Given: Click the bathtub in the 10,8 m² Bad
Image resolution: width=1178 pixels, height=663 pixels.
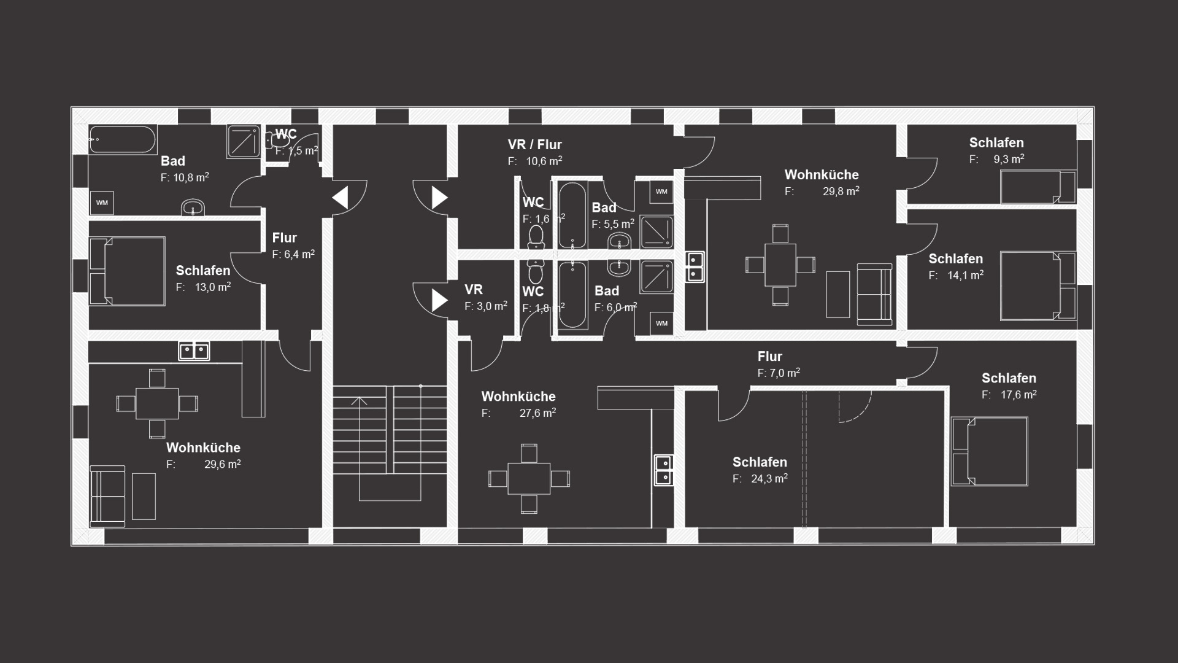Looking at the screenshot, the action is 123,139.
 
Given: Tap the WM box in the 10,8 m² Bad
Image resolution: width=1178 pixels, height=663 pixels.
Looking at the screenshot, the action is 102,203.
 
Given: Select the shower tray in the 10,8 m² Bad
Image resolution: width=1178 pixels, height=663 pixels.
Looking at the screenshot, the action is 244,141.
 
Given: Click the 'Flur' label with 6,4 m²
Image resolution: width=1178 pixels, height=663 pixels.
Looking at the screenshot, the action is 284,238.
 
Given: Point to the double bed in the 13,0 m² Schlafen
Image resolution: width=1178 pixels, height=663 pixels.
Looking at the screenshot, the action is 127,271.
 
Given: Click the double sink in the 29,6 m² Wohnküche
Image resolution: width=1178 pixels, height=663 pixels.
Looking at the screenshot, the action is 194,351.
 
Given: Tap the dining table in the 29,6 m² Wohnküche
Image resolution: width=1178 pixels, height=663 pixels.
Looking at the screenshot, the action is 157,403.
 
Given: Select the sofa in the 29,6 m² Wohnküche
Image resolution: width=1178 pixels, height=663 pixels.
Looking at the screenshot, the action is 107,496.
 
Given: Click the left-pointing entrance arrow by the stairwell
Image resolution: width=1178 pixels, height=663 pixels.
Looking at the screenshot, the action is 340,198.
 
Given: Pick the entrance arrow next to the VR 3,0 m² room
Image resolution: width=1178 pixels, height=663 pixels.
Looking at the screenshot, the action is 440,300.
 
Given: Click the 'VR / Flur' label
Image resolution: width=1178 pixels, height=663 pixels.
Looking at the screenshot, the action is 534,145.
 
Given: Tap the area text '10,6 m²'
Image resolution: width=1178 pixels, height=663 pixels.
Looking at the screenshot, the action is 544,161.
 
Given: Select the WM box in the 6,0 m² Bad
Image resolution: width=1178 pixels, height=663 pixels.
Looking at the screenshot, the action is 661,324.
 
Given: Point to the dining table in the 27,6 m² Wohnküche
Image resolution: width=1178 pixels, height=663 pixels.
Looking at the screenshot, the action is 529,478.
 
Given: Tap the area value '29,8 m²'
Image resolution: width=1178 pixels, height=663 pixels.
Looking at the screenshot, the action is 841,191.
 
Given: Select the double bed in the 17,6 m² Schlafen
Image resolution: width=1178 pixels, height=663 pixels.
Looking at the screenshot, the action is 990,451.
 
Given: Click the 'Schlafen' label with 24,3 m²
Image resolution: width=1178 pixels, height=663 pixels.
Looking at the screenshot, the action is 760,462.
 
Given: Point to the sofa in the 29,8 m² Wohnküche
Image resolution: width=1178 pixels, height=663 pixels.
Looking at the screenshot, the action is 874,294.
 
